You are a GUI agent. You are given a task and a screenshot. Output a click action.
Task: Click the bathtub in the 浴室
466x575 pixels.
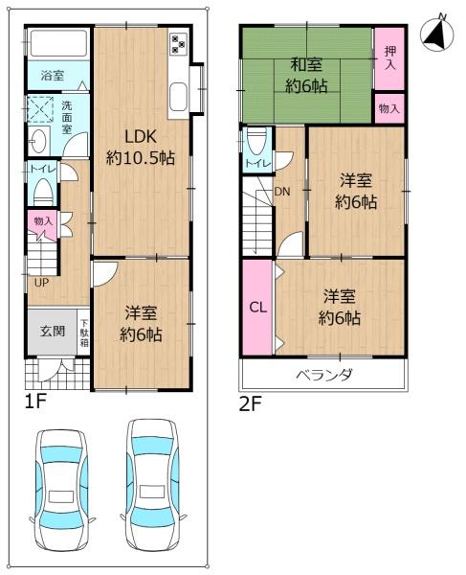56,44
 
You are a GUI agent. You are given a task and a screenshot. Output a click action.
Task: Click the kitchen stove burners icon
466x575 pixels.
178,43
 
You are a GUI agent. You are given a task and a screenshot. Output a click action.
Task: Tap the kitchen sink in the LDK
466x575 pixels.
178,96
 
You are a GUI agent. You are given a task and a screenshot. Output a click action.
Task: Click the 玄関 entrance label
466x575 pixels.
53,331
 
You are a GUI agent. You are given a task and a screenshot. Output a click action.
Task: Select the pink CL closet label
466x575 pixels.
256,308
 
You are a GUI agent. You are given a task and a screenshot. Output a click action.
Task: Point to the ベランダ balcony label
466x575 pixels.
322,374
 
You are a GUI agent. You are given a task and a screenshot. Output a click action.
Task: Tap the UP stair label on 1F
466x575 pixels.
41,282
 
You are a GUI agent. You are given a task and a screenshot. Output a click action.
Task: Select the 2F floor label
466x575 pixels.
250,403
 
